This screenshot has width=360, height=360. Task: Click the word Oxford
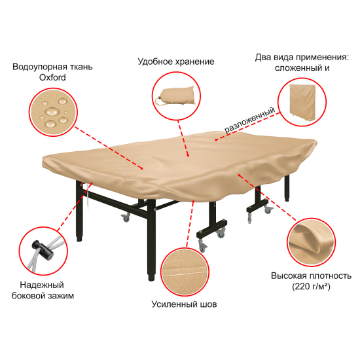52,78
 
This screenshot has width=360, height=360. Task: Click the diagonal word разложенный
250,120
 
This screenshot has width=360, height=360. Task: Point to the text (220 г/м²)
311,287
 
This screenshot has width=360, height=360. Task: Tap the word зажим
62,296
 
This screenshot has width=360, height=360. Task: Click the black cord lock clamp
43,250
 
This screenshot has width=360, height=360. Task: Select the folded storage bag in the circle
176,96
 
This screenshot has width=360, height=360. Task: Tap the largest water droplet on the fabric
52,112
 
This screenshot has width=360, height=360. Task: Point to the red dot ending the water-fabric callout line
142,168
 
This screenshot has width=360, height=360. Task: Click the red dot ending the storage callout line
188,156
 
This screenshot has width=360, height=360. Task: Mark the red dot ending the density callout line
239,175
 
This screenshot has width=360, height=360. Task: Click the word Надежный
42,285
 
